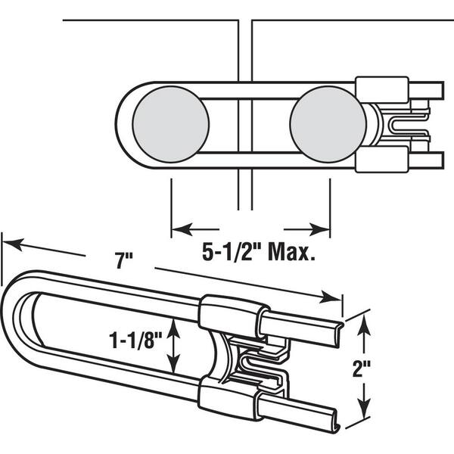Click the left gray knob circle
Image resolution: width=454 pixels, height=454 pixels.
tap(171, 124)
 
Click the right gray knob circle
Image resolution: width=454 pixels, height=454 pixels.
tap(328, 124)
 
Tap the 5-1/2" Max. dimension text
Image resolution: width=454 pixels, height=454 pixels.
tap(258, 253)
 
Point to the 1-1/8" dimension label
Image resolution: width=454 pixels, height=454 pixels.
tap(135, 340)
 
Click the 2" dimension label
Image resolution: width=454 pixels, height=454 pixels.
tap(362, 369)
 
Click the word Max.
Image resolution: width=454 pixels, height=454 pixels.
tap(292, 253)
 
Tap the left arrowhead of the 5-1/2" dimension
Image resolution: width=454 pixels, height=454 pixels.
tap(182, 229)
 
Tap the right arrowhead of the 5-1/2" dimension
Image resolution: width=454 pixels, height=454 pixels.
tap(319, 229)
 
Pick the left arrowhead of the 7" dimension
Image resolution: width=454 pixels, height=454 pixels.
tap(13, 244)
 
